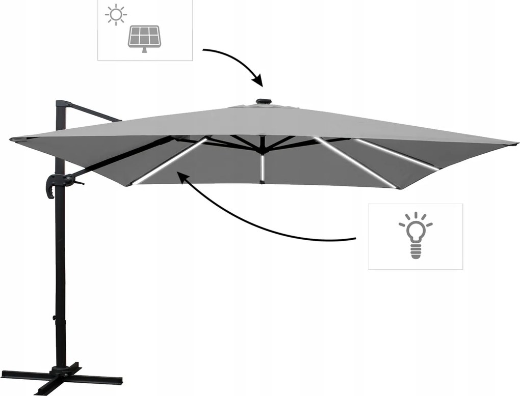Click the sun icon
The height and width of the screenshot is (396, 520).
click(116, 15)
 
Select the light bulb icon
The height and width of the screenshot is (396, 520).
click(415, 235)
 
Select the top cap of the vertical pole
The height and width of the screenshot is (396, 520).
click(62, 103)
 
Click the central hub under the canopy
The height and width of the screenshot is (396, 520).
click(262, 148)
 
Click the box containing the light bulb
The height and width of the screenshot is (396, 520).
click(415, 236)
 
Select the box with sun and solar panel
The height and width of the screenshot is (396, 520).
click(145, 30)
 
